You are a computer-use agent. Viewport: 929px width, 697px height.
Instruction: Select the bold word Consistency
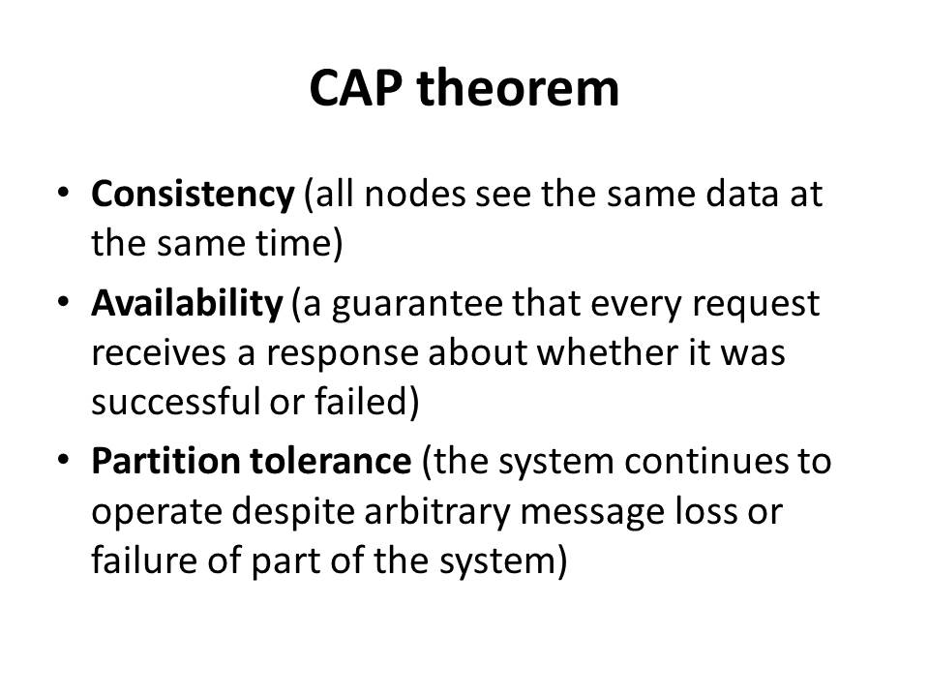point(193,195)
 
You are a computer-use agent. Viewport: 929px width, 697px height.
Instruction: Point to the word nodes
point(415,195)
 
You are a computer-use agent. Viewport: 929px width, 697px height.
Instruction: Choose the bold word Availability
point(187,304)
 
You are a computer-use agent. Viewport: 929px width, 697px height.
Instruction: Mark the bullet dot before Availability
point(64,301)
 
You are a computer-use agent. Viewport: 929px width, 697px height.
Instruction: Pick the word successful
point(176,402)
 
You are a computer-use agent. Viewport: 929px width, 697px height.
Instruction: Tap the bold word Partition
point(165,461)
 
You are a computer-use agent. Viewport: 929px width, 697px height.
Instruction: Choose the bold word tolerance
point(330,461)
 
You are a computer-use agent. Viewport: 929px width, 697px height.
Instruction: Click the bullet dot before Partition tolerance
point(64,460)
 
